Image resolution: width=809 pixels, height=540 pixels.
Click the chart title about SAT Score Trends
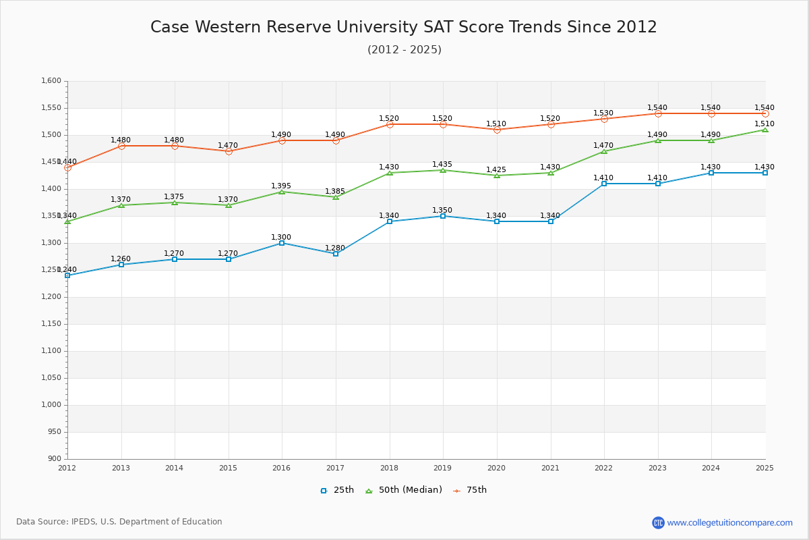pos(404,27)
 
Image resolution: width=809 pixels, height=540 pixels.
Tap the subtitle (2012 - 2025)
pos(404,50)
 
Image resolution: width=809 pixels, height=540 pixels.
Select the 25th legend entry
pos(337,490)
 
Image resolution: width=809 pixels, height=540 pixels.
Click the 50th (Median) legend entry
pos(404,490)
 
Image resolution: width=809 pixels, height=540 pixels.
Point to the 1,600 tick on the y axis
pos(51,81)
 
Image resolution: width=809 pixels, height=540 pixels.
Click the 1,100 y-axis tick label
pos(51,351)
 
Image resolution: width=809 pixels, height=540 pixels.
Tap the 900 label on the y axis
pos(55,459)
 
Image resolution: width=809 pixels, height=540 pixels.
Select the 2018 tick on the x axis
pos(389,467)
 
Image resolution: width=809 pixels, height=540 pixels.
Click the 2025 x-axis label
pos(765,467)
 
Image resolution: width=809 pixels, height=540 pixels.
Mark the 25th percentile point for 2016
pos(282,243)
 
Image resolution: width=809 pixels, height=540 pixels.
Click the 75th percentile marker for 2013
pos(121,146)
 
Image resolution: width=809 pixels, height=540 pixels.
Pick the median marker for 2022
pos(604,151)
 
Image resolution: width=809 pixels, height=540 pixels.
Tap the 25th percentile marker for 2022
pos(604,184)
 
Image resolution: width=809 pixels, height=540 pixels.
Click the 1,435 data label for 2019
pos(442,165)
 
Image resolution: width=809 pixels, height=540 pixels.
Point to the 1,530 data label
pos(603,113)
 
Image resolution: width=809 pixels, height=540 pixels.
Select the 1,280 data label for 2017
pos(335,248)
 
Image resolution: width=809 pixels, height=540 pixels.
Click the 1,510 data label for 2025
pos(765,124)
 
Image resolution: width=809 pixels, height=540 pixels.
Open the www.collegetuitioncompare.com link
pos(729,522)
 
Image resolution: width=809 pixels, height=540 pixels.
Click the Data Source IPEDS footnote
pos(119,522)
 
